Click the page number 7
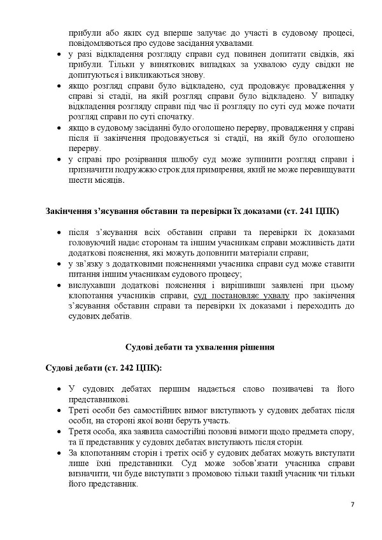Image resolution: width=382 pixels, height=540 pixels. coord(351,505)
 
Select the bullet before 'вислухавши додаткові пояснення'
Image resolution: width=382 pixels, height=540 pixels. coord(59,285)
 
